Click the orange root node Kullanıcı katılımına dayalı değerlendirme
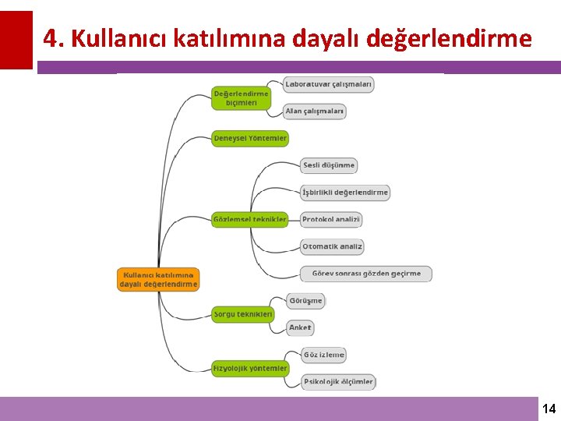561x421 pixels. point(159,279)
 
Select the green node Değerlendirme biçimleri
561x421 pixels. point(241,97)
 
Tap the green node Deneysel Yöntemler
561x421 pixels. point(250,138)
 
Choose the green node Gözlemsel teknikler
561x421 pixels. point(250,219)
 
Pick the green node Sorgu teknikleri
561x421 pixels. point(243,314)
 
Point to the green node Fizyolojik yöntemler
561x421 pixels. point(250,368)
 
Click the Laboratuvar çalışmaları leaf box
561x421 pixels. point(328,83)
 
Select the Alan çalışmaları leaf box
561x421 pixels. point(314,111)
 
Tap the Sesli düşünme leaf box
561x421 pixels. point(329,165)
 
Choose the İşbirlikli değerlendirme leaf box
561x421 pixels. point(345,192)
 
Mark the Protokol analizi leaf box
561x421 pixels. point(331,220)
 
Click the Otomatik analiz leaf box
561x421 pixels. point(333,246)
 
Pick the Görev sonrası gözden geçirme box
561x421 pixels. point(366,274)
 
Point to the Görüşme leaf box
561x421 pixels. point(305,300)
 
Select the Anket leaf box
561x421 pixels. point(300,327)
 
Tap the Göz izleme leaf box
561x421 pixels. point(323,355)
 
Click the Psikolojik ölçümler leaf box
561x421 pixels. point(338,382)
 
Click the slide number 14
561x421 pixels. point(549,409)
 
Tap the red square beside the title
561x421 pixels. point(16,39)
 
